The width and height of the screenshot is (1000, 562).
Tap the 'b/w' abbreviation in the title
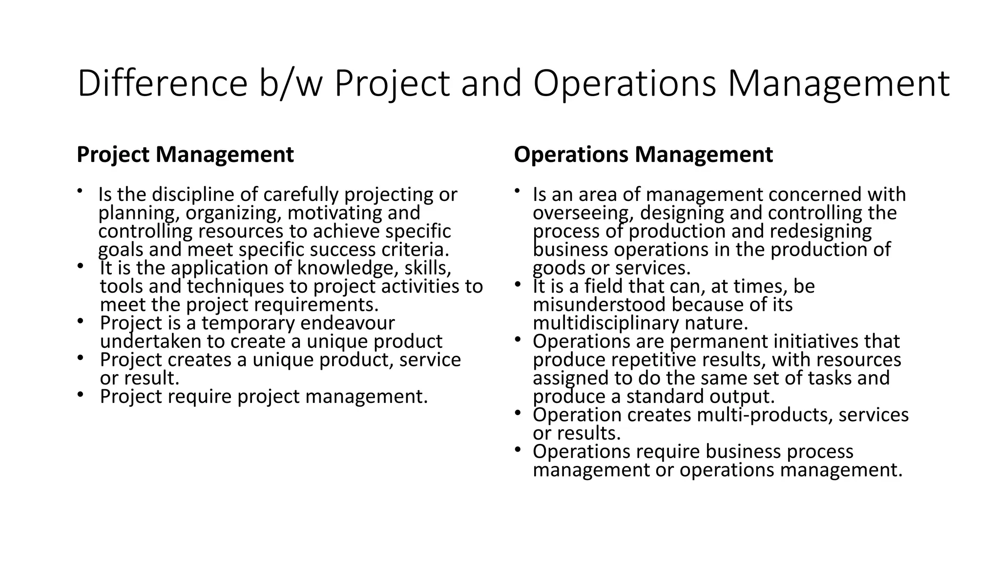[291, 84]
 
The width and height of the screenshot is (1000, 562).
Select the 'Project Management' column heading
[185, 155]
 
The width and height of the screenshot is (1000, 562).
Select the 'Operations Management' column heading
[643, 155]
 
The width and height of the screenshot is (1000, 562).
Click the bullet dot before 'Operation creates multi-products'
[518, 413]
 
